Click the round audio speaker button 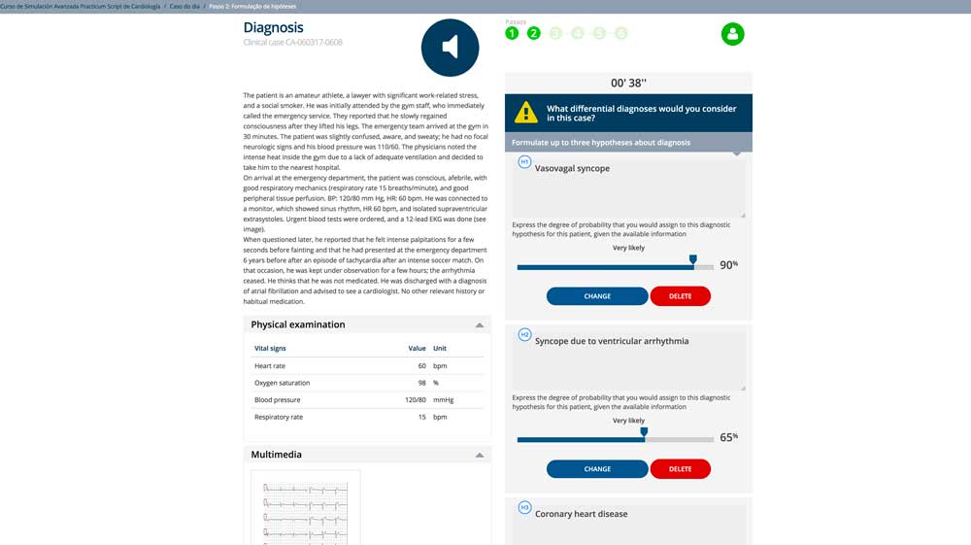click(x=450, y=48)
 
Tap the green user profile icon click(x=732, y=34)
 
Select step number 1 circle click(x=512, y=34)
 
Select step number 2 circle click(x=533, y=34)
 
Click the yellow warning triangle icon click(x=525, y=112)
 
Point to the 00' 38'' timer click(x=628, y=83)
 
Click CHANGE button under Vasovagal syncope click(x=597, y=296)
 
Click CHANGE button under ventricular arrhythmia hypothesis click(x=597, y=469)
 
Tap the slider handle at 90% click(x=692, y=260)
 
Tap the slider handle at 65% click(x=643, y=433)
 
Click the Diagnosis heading click(x=273, y=28)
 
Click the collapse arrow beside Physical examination click(x=479, y=325)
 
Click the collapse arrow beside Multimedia click(x=479, y=455)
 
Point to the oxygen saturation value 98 click(x=421, y=383)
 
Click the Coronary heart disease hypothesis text click(x=581, y=514)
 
